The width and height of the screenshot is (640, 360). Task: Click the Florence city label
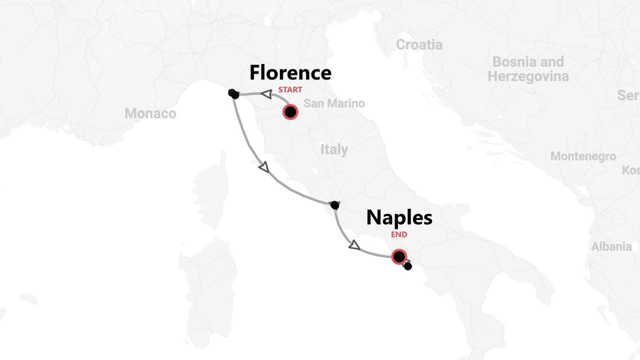coord(290,73)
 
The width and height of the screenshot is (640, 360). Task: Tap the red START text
coord(290,90)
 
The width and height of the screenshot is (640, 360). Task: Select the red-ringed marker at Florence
coord(290,111)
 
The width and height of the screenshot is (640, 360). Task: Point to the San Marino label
coord(334,103)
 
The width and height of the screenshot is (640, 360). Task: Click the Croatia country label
coord(419,44)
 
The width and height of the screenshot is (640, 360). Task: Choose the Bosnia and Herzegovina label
coord(528,69)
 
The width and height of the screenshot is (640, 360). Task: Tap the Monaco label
coord(150,113)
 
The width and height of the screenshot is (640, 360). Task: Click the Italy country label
coord(334,149)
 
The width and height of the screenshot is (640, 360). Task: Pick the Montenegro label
coord(583,156)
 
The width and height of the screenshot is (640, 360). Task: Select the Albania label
coord(611,246)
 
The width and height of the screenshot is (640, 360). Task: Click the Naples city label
coord(399,217)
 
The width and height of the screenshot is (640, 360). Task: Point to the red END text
coord(399,234)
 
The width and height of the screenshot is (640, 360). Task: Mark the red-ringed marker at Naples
coord(398,256)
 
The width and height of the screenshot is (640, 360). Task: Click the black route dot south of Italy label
coord(335,205)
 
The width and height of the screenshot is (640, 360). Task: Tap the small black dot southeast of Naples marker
coord(408,266)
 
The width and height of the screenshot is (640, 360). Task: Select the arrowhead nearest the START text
coord(267,93)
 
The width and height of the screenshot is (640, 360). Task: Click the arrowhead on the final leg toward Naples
coord(354,245)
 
